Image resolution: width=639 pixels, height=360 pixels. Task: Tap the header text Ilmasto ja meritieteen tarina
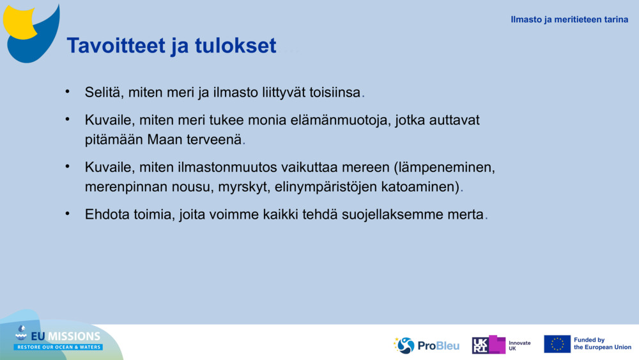point(569,19)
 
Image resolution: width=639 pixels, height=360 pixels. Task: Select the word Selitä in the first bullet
point(103,92)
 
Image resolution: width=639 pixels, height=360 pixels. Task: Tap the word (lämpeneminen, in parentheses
point(445,168)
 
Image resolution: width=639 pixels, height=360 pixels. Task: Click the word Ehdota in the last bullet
point(108,215)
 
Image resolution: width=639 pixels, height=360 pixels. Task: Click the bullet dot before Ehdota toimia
point(68,214)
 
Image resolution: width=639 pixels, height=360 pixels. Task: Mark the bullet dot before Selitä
point(68,91)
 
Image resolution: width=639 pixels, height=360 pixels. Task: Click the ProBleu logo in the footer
point(426,345)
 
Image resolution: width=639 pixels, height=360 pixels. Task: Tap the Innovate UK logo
point(502,345)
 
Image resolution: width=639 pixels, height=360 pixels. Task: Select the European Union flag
point(557,344)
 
